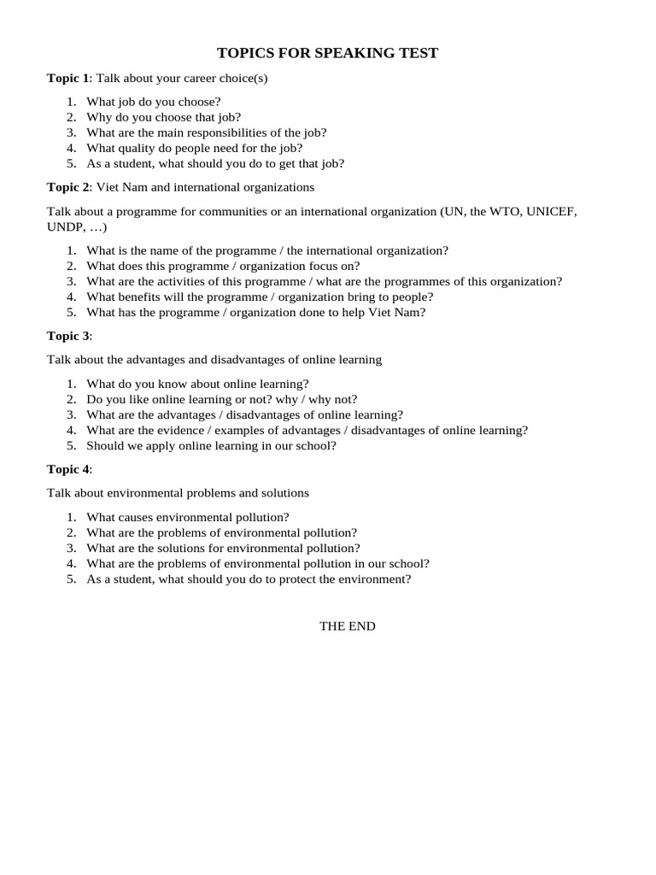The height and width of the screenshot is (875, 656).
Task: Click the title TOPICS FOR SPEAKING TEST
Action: tap(327, 53)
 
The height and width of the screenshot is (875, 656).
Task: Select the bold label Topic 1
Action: tap(67, 79)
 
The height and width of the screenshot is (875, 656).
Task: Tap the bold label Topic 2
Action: tap(67, 186)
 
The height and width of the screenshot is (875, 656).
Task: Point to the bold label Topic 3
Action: tap(67, 336)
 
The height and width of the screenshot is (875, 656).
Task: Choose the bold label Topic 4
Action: tap(67, 469)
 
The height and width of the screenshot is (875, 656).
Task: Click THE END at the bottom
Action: tap(347, 626)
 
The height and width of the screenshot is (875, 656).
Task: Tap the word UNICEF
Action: tap(552, 211)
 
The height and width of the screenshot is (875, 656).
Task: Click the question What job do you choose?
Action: tap(154, 102)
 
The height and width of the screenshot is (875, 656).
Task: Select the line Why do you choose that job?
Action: tap(163, 117)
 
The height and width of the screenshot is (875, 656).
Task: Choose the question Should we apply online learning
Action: tap(211, 445)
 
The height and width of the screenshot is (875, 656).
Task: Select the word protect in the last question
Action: tap(297, 578)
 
